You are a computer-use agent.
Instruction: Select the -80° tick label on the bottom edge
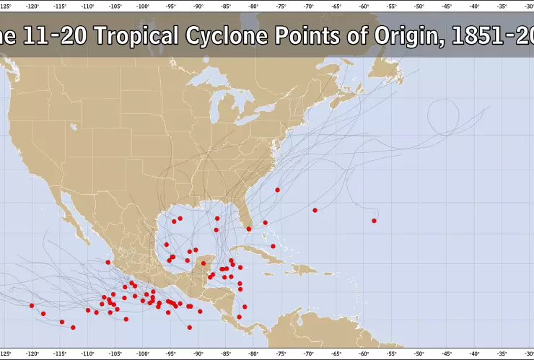coord(253,354)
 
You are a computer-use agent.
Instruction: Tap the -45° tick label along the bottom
coord(447,354)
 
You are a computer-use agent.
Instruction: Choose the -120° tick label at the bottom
coord(32,354)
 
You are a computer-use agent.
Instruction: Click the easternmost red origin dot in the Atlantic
coord(374,220)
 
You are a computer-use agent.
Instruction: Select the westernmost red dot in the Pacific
coord(32,305)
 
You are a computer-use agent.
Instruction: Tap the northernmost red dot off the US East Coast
coord(277,190)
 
